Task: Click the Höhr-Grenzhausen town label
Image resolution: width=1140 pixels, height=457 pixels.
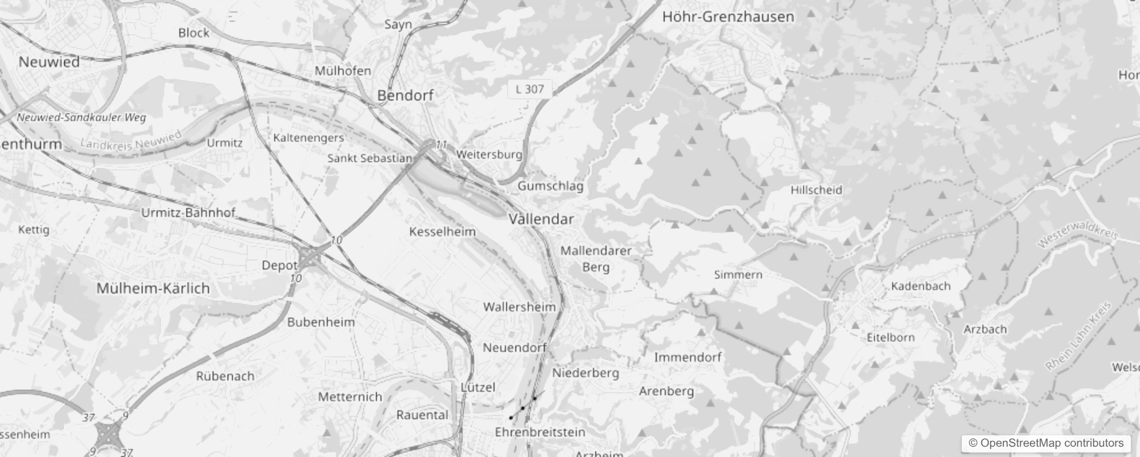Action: (728, 17)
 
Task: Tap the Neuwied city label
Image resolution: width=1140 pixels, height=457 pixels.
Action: (49, 62)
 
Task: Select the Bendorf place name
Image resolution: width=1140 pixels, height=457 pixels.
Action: (406, 95)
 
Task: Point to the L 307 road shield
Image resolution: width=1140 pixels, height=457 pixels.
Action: (529, 89)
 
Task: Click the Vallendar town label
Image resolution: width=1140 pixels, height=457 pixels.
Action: (541, 219)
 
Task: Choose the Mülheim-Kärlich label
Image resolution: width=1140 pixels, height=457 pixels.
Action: (153, 288)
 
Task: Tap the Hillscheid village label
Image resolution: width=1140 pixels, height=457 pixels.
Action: (816, 190)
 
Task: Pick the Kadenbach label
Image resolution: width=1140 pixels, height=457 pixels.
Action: (921, 286)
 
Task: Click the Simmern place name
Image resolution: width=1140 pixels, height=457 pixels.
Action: (738, 275)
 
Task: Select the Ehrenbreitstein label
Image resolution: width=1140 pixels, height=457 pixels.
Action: (540, 432)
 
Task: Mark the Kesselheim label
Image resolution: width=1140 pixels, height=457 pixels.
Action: (443, 232)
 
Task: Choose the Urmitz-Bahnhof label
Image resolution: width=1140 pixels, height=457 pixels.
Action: (188, 213)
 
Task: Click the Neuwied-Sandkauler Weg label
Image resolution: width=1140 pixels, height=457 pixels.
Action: (82, 118)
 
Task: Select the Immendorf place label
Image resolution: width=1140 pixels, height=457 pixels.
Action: (688, 358)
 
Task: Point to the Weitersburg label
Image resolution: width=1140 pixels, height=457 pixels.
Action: (489, 155)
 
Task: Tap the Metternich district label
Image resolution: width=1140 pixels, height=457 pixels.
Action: (350, 397)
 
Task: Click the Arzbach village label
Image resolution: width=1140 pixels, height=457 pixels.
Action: (985, 330)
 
